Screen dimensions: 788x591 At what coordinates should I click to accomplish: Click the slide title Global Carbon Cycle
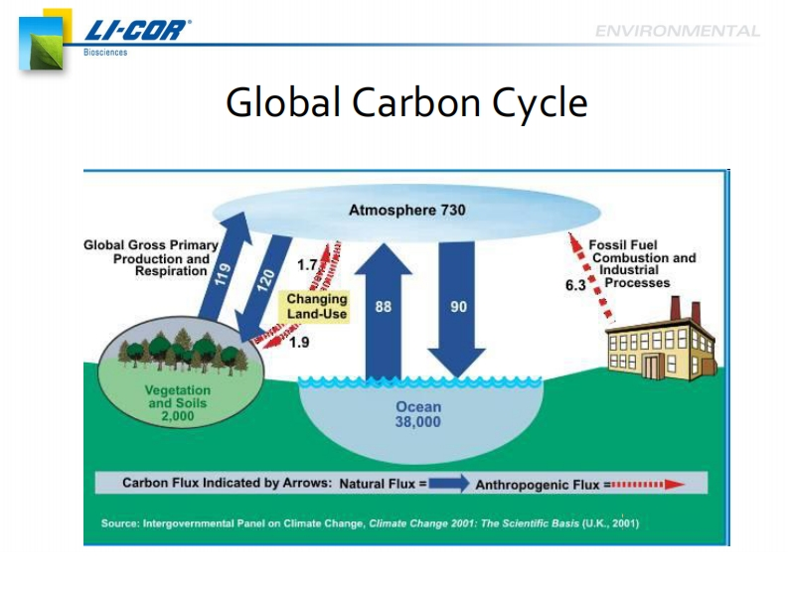click(x=406, y=103)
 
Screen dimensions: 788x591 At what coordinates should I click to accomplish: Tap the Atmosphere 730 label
click(x=407, y=210)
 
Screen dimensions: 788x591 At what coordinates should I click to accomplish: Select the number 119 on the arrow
click(x=223, y=274)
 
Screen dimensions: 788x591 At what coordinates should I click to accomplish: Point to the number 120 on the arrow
click(x=265, y=280)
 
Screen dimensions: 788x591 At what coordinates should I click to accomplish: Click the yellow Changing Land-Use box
click(x=315, y=306)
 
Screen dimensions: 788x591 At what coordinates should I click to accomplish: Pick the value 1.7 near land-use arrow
click(x=307, y=265)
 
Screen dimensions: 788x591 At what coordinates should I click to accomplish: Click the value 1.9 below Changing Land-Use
click(x=299, y=343)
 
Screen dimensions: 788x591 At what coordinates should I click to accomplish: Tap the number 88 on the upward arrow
click(x=383, y=307)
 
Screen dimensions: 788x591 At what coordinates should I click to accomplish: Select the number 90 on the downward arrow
click(x=458, y=307)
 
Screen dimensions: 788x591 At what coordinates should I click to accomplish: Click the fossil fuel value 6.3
click(x=575, y=285)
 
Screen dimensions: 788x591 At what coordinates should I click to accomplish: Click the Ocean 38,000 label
click(x=418, y=414)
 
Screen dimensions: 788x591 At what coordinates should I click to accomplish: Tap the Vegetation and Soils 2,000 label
click(x=178, y=403)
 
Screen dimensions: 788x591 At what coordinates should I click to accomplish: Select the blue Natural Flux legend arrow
click(x=449, y=484)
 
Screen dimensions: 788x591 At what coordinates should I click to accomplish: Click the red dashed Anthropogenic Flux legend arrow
click(x=648, y=485)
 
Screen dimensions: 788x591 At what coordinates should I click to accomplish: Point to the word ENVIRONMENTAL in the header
click(x=678, y=31)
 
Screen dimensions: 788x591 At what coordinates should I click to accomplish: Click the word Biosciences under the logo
click(x=105, y=52)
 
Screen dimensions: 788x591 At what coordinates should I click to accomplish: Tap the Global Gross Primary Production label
click(x=151, y=258)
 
